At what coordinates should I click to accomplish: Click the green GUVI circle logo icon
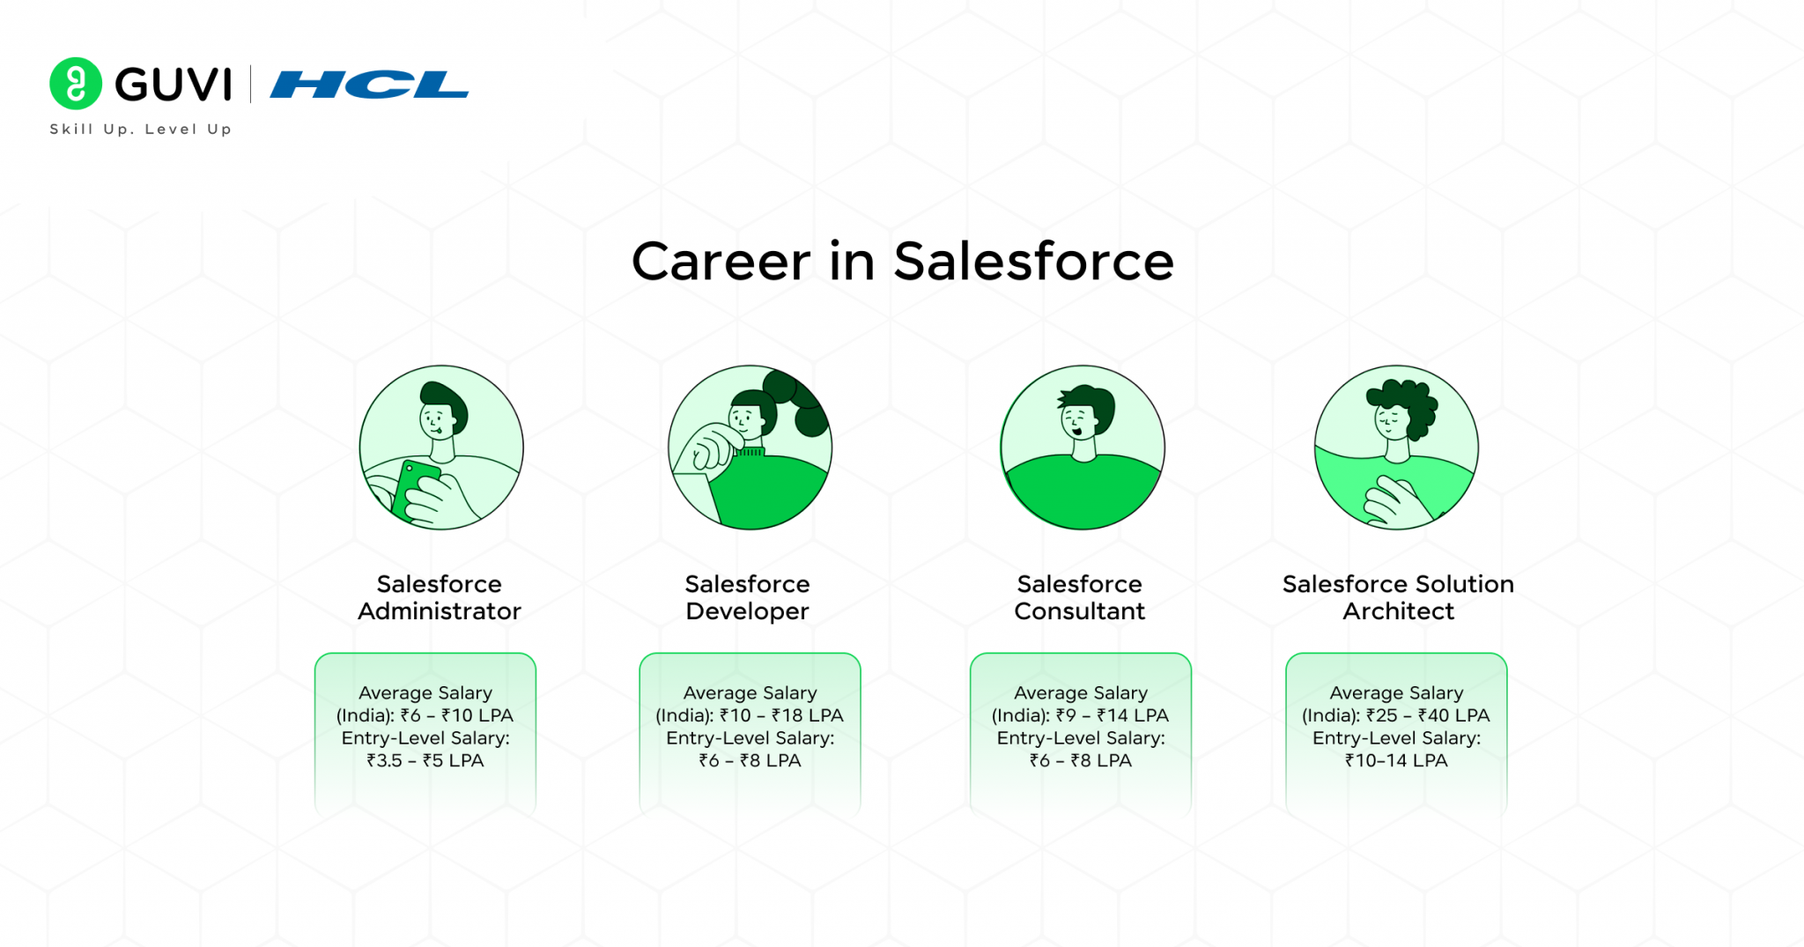click(76, 84)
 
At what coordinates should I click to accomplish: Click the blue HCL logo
click(369, 85)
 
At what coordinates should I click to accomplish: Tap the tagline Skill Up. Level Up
click(141, 129)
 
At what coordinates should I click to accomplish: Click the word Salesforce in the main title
click(1033, 262)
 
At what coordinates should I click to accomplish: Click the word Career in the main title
click(721, 262)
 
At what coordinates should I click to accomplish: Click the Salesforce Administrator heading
click(440, 597)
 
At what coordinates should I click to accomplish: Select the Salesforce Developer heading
click(747, 597)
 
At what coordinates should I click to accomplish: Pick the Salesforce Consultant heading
click(1079, 597)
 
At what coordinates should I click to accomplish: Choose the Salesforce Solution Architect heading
click(1398, 597)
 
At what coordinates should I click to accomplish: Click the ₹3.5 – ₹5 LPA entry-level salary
click(425, 760)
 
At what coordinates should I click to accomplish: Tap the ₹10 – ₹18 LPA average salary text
click(781, 715)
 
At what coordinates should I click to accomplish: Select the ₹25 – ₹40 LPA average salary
click(1427, 715)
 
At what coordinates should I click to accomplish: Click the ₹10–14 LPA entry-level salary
click(1396, 760)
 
